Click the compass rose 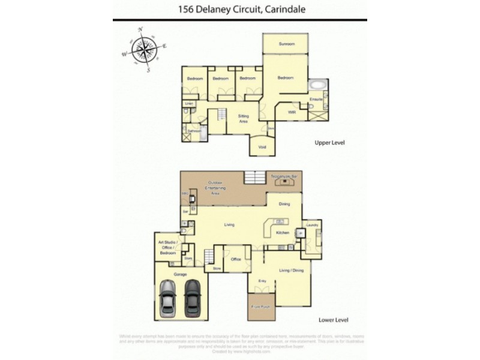pos(144,49)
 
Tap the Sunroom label pos(286,44)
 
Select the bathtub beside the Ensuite pos(316,86)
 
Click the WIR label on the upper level pos(292,112)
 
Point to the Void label pos(262,147)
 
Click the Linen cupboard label pos(188,103)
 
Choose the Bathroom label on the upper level pos(194,130)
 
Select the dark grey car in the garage pos(192,297)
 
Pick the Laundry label pos(311,225)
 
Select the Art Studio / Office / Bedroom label pos(167,248)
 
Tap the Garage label pos(181,274)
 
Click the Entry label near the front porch pos(262,281)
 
